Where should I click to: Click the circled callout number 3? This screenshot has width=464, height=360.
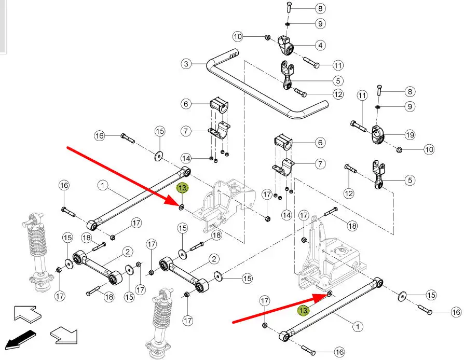(186, 65)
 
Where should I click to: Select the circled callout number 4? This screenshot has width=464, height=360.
(320, 46)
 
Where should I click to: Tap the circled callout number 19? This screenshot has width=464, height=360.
(410, 135)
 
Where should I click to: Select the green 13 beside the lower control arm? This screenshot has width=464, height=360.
(303, 310)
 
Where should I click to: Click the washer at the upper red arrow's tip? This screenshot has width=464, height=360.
(181, 207)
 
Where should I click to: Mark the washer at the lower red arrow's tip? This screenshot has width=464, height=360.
(330, 294)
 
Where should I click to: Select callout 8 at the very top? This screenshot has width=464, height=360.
(320, 9)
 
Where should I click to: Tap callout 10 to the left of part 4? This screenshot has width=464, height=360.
(238, 37)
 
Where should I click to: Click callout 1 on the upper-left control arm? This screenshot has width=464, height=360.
(102, 185)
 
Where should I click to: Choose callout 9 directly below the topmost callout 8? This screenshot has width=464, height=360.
(320, 23)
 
